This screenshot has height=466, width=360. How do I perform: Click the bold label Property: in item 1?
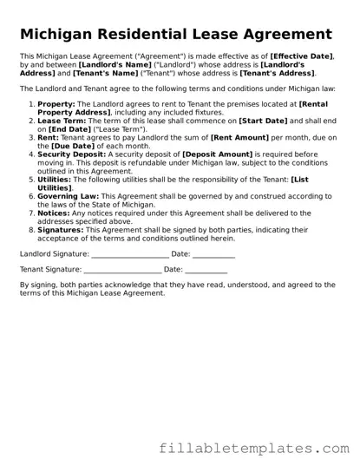click(56, 103)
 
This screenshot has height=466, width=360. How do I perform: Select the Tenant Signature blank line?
click(122, 272)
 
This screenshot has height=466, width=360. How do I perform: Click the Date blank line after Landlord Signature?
click(213, 255)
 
